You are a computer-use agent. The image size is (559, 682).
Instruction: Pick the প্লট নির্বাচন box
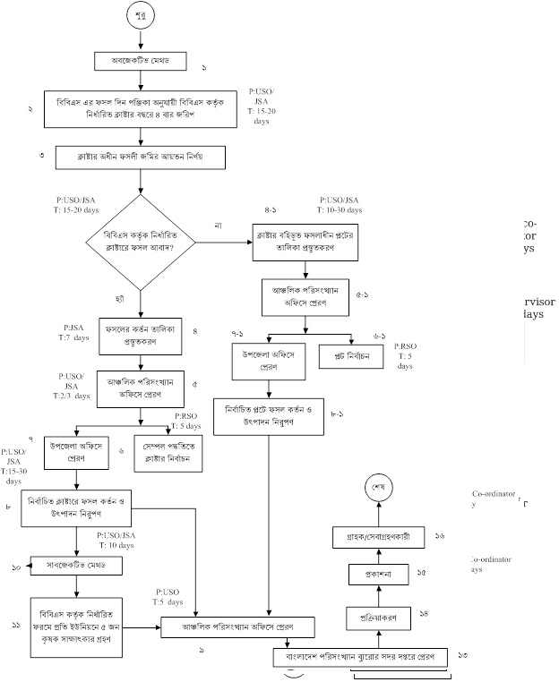(352, 356)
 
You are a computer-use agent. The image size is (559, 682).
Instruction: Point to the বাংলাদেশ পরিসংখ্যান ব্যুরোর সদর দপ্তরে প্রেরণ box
(360, 658)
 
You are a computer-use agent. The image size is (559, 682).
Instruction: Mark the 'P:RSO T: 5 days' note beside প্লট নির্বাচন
(406, 354)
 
